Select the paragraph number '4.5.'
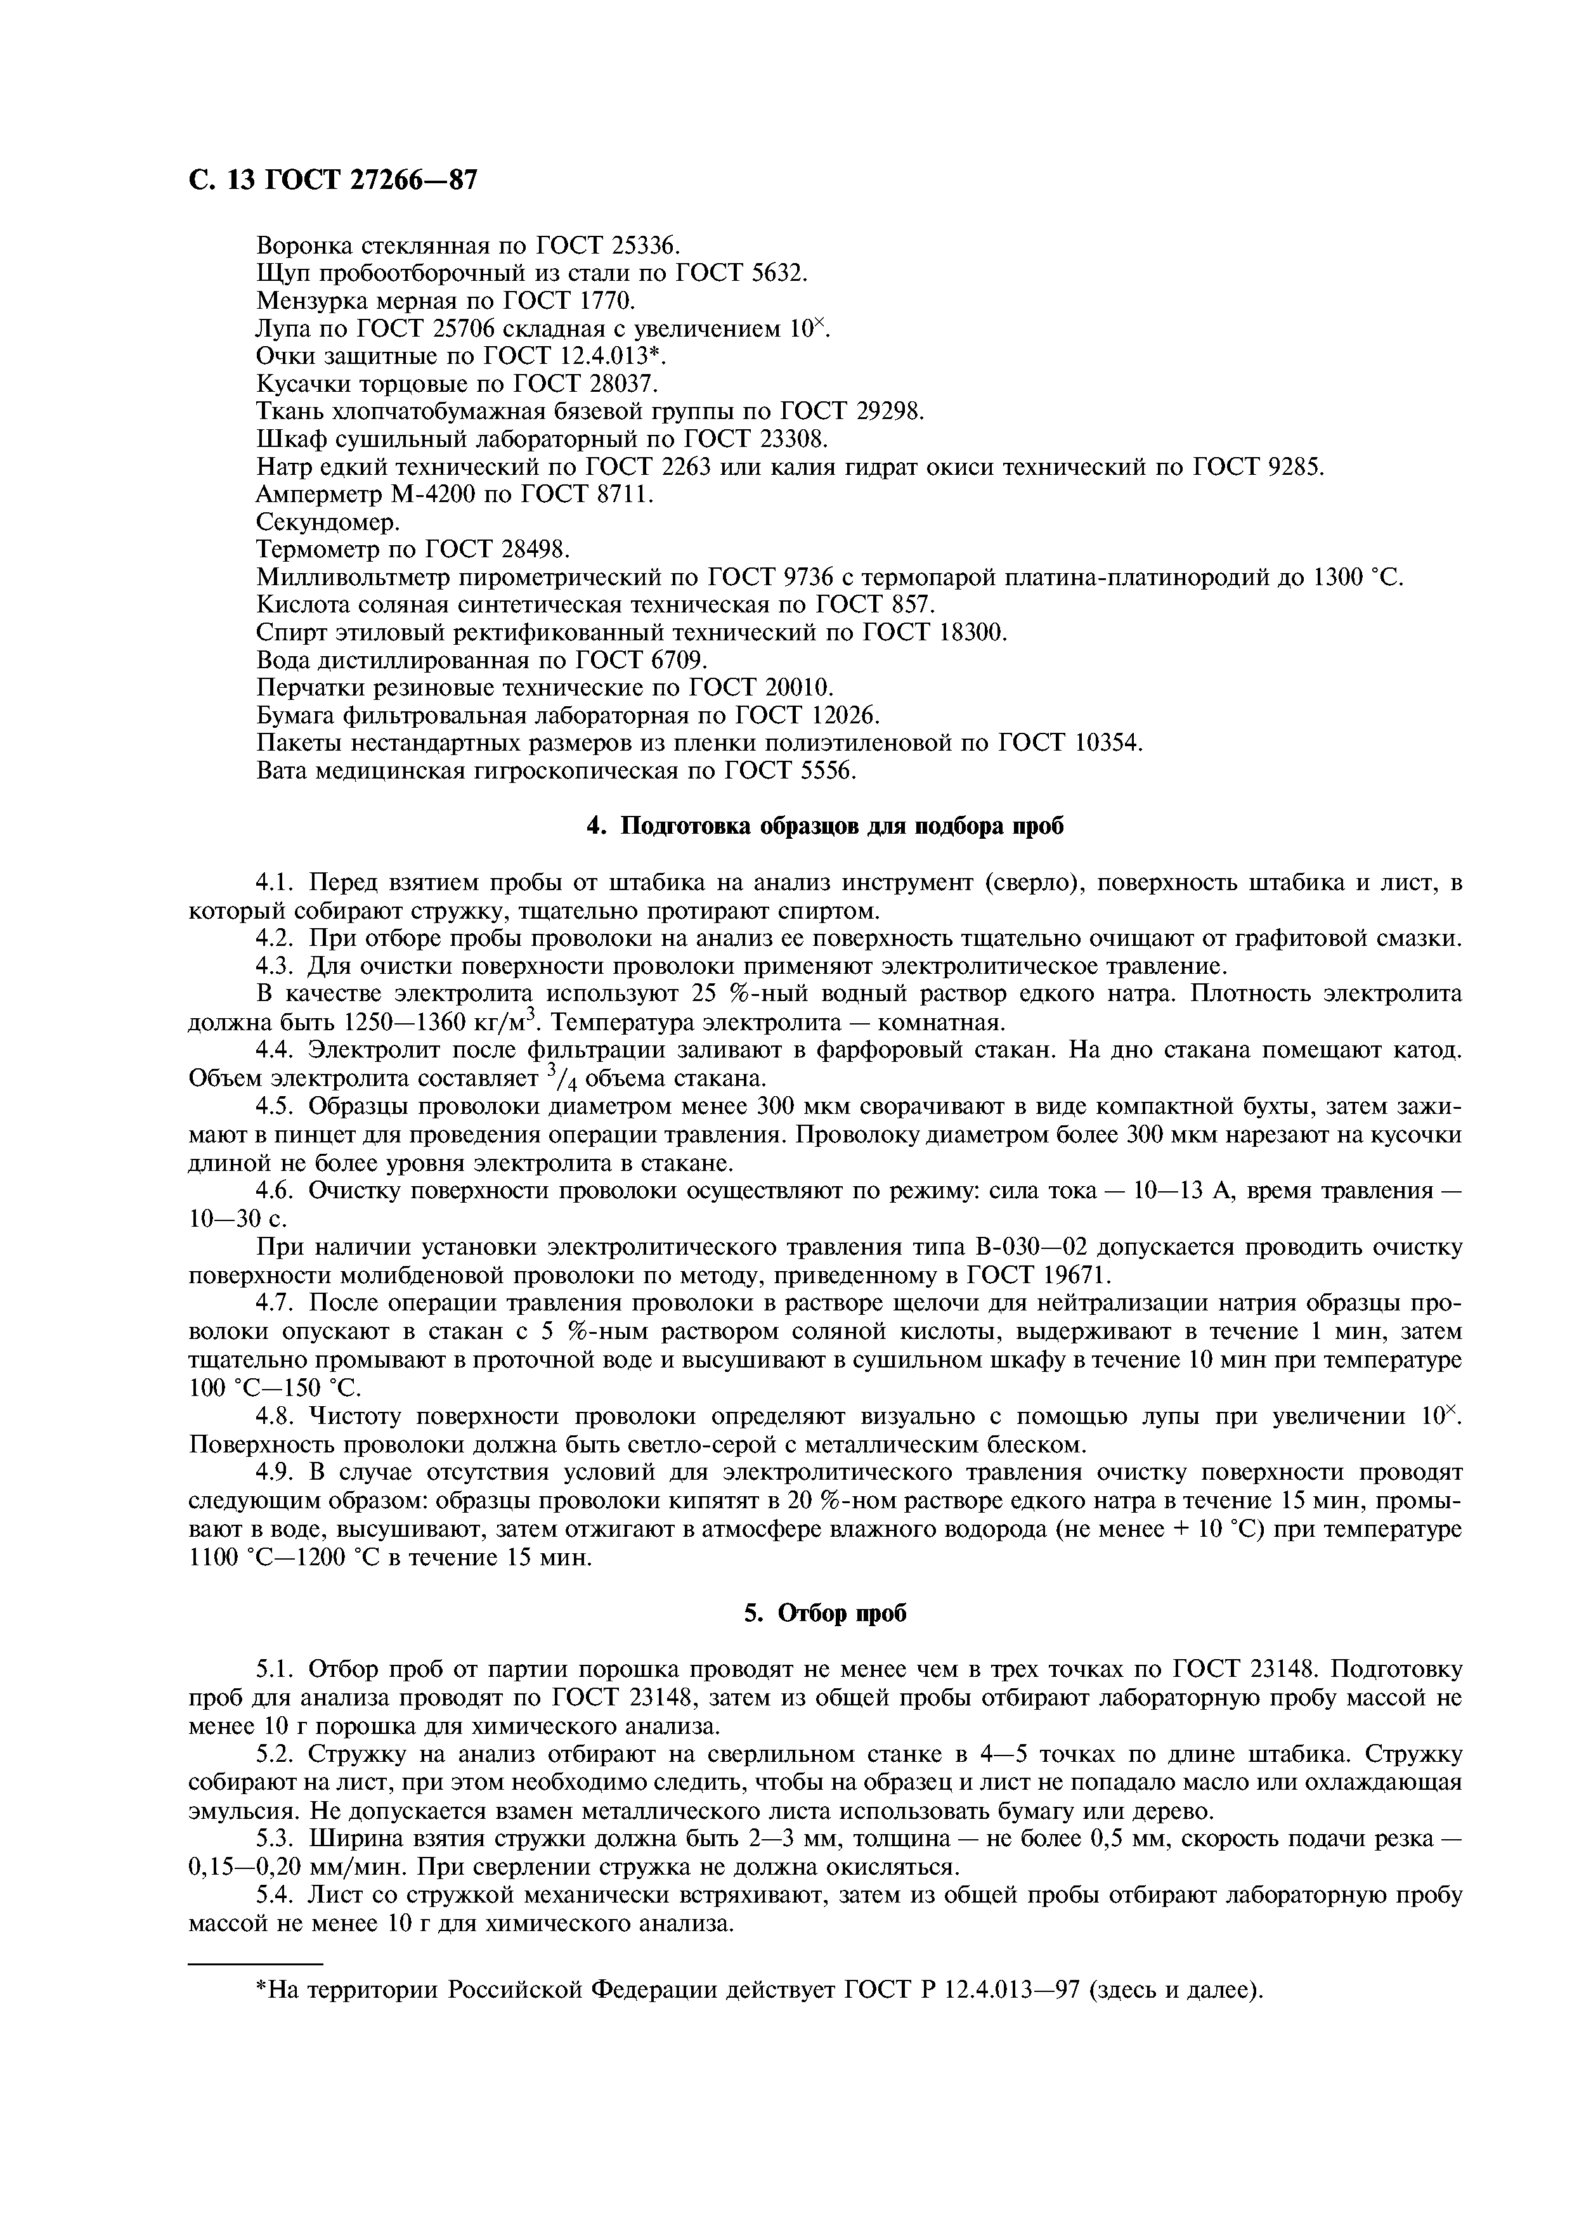278,1107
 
